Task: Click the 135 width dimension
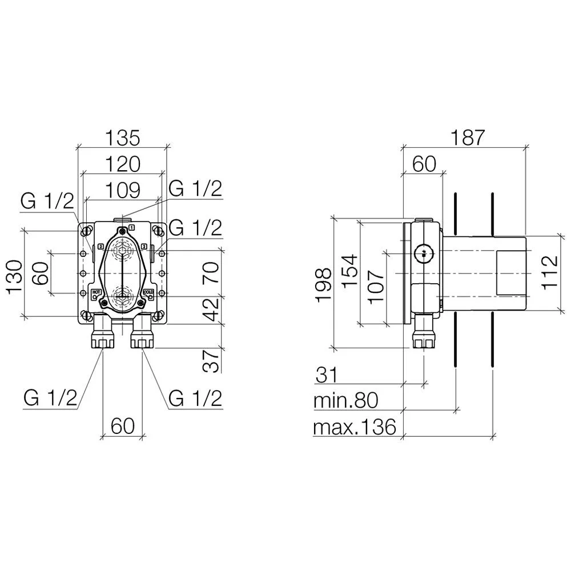click(122, 138)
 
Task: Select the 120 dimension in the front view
click(122, 164)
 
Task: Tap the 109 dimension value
click(122, 190)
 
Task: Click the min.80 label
click(346, 400)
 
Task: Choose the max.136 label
click(355, 427)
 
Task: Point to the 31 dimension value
click(326, 375)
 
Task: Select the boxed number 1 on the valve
click(132, 227)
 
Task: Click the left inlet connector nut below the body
click(103, 341)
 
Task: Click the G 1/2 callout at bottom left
click(50, 399)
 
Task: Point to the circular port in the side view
click(423, 252)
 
